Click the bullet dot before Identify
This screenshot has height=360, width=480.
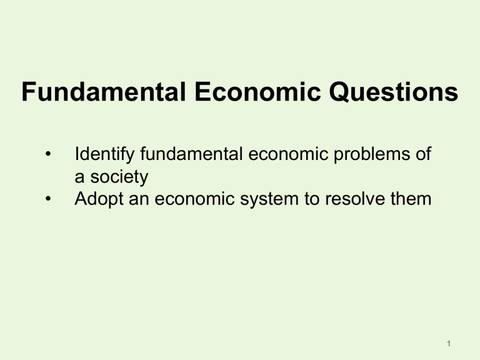coord(48,154)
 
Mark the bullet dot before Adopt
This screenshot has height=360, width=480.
coord(48,199)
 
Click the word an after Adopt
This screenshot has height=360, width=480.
coord(136,200)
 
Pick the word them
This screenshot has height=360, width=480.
coord(406,200)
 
